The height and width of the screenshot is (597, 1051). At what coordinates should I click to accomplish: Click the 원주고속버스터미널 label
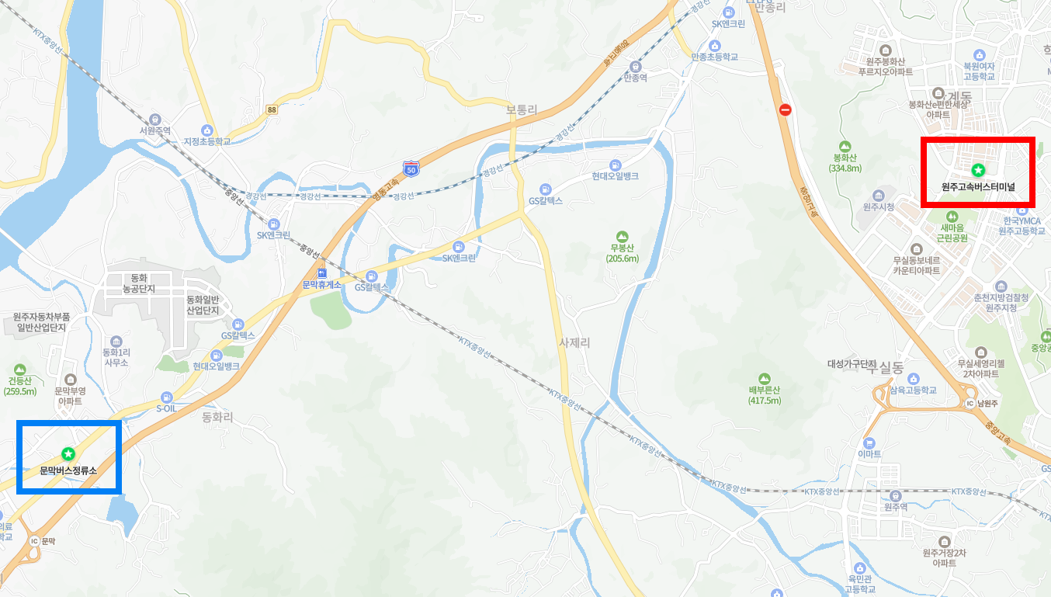tap(978, 187)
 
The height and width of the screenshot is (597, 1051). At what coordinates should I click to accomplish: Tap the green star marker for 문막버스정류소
tap(68, 453)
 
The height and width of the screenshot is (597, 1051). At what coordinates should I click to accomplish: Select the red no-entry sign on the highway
tap(785, 110)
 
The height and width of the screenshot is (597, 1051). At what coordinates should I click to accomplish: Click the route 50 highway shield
tap(411, 167)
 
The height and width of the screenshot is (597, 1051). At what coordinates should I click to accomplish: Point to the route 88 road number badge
tap(271, 110)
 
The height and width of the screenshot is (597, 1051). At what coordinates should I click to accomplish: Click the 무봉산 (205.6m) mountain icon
tap(621, 236)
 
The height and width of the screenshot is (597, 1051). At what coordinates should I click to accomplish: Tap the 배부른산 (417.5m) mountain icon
tap(764, 377)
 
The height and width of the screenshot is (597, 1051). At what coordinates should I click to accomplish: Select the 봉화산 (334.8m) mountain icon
tap(845, 146)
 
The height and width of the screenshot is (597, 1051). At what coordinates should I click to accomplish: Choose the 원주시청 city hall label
tap(878, 207)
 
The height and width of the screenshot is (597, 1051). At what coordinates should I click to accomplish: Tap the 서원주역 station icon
tap(155, 120)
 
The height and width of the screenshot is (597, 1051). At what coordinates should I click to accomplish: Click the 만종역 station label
tap(636, 78)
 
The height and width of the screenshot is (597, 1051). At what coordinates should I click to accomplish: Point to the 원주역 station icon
tap(896, 495)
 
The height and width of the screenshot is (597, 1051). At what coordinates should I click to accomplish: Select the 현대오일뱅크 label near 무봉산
tap(615, 176)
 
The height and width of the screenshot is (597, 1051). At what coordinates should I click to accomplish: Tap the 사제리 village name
tap(574, 342)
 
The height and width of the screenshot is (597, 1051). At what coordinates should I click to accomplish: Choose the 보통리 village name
tap(521, 110)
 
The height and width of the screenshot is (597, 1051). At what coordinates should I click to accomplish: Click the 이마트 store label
tap(869, 454)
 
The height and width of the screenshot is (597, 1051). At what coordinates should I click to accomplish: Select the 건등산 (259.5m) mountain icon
tap(19, 369)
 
